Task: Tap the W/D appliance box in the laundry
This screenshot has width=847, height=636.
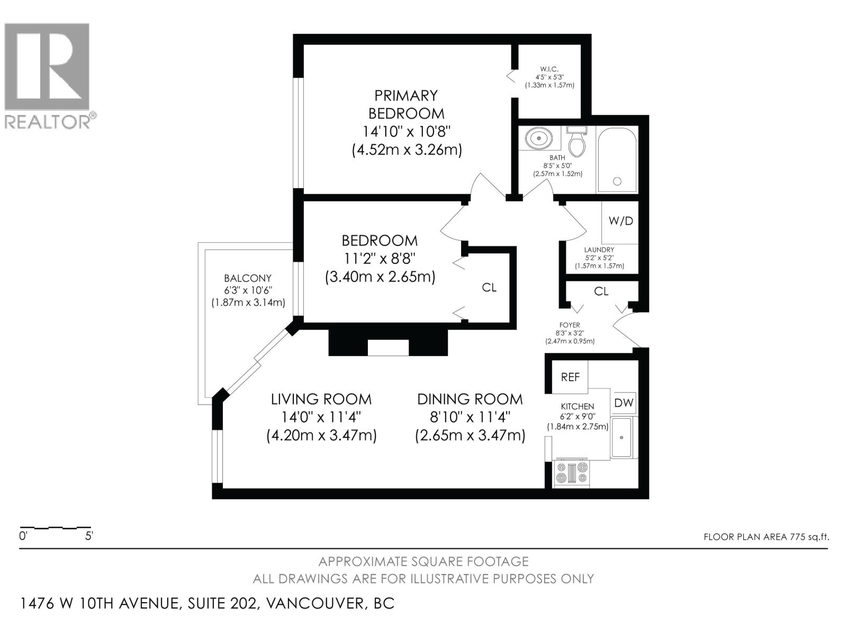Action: [x=620, y=222]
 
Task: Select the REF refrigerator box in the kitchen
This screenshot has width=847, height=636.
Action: [x=570, y=376]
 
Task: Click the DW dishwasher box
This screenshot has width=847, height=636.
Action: [x=624, y=403]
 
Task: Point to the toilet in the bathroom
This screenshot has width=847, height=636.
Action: [x=577, y=142]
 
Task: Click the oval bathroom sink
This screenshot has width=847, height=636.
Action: [x=539, y=138]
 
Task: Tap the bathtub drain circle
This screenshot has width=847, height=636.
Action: [x=617, y=181]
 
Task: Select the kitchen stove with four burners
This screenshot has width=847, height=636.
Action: [x=572, y=473]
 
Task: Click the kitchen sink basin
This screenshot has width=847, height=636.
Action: [x=621, y=437]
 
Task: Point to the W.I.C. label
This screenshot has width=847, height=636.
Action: [x=549, y=69]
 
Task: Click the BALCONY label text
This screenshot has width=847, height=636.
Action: [x=248, y=278]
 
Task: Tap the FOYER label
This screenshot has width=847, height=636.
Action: [x=570, y=325]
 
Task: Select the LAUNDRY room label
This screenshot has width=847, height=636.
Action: [x=599, y=250]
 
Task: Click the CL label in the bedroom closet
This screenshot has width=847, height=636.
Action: [x=489, y=287]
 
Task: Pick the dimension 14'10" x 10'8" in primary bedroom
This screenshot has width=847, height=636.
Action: [x=407, y=131]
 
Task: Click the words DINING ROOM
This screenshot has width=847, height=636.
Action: [x=470, y=399]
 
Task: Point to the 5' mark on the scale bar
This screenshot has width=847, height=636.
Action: [x=89, y=536]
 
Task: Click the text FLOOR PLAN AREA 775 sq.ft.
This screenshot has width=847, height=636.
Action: [x=767, y=537]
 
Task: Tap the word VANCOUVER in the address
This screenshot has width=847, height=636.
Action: [x=314, y=604]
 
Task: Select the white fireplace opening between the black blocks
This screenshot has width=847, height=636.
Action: [x=388, y=348]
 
